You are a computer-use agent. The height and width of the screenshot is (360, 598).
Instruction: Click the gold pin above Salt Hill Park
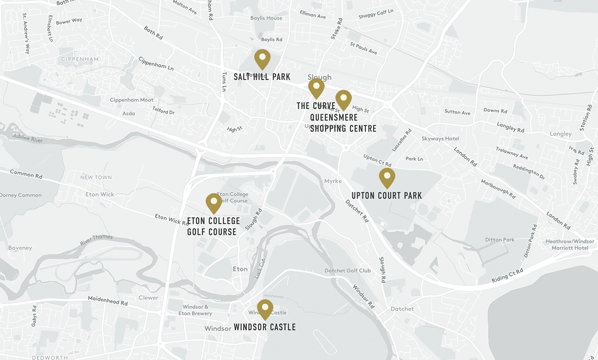262,59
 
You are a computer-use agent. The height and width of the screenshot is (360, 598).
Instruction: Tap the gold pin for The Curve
316,88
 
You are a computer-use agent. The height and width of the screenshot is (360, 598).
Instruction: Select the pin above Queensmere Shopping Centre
343,99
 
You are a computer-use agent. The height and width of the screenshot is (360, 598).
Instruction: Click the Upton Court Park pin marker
387,177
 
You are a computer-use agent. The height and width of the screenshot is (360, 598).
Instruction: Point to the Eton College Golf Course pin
213,203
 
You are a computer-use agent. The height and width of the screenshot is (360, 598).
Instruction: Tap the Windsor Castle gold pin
265,309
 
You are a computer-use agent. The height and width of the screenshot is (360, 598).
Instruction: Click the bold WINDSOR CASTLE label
264,327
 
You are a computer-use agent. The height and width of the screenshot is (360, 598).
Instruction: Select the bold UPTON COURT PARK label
386,196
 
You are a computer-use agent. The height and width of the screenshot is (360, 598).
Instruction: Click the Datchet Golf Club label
348,271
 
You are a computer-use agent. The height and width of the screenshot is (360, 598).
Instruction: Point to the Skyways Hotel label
440,139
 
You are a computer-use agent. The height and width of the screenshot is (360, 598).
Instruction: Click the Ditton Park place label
500,240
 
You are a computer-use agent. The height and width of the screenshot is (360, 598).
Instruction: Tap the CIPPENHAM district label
80,59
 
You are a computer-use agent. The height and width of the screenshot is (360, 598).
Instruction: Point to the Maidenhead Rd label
108,301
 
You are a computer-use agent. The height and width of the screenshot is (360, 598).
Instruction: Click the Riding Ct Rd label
507,276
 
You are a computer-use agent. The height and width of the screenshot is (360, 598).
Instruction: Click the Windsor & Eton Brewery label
195,310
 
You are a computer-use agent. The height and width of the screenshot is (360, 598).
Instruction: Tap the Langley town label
561,134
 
